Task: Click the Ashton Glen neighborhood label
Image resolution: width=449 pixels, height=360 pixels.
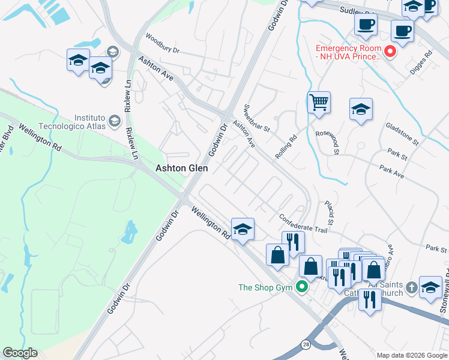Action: [182, 169]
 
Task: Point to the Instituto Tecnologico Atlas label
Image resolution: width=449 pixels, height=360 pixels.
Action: [97, 122]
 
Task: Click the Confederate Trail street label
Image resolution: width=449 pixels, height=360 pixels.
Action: [304, 223]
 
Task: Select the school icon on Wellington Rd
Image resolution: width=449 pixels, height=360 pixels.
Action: [243, 229]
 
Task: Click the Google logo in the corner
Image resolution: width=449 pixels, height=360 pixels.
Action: [20, 353]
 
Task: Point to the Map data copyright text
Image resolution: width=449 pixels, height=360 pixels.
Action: [412, 355]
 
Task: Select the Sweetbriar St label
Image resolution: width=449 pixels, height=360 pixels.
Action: [258, 118]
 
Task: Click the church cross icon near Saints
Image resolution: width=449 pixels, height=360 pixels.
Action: [411, 287]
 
